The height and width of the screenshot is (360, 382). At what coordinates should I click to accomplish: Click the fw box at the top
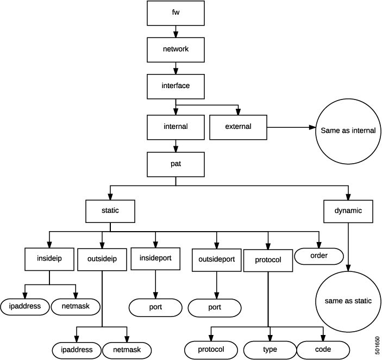click(x=175, y=13)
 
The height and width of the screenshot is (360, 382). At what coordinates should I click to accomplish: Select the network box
click(x=175, y=48)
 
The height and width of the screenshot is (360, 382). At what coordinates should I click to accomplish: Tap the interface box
click(x=175, y=85)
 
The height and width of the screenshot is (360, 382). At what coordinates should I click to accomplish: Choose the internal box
click(x=175, y=127)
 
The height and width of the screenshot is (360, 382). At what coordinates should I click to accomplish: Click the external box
click(x=238, y=127)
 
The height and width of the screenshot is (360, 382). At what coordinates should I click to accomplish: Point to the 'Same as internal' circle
click(x=348, y=131)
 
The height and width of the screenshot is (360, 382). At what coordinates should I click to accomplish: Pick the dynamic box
click(x=348, y=210)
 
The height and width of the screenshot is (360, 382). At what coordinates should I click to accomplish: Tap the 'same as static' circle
click(x=348, y=301)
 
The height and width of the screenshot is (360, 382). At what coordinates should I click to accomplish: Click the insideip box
click(x=49, y=259)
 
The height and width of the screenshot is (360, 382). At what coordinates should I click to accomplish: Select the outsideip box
click(x=102, y=259)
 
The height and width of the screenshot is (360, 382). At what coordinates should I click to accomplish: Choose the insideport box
click(x=156, y=258)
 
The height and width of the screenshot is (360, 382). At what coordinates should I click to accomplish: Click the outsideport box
click(x=217, y=259)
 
